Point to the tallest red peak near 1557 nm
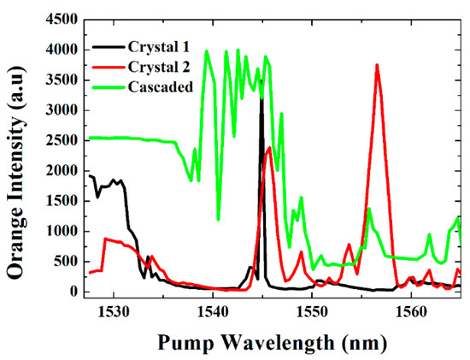(377, 65)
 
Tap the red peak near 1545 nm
(270, 148)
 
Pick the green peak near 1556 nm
(369, 208)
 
